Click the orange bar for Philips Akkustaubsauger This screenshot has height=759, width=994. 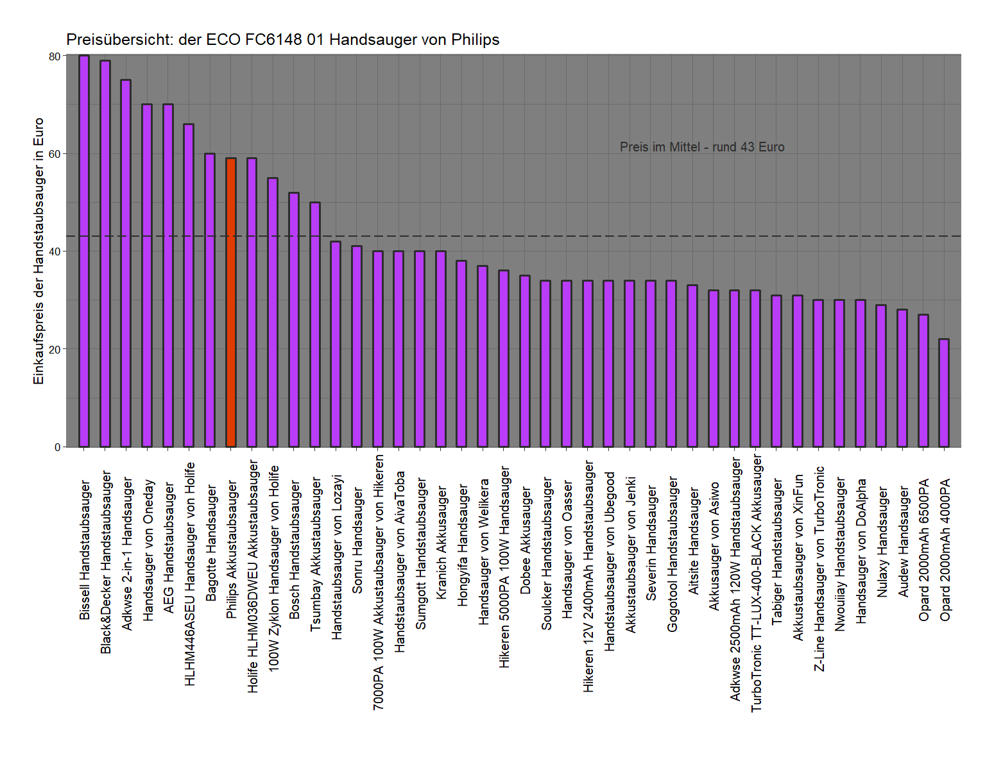[x=231, y=302]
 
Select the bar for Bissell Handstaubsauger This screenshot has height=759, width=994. [x=84, y=251]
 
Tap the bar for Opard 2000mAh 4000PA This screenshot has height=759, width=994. [x=944, y=393]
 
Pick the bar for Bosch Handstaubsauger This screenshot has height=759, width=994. [x=294, y=320]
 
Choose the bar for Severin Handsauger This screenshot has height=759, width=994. [x=651, y=363]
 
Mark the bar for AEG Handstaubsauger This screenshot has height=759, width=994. [x=168, y=275]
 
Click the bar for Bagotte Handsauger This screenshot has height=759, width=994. [x=210, y=300]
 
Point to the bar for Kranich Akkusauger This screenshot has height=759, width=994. [x=441, y=349]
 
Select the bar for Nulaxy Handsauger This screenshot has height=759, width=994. [x=881, y=376]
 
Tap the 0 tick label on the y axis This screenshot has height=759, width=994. [x=57, y=447]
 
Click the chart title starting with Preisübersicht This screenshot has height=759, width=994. [x=282, y=40]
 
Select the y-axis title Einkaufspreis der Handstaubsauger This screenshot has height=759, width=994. [x=39, y=251]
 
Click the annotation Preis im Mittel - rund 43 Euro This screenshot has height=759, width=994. [x=702, y=147]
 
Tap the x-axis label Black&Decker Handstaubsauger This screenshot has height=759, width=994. [x=107, y=562]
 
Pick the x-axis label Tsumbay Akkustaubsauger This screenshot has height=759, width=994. [x=316, y=554]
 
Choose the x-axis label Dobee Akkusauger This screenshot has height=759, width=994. [x=526, y=540]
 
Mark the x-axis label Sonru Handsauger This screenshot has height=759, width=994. [x=358, y=540]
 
